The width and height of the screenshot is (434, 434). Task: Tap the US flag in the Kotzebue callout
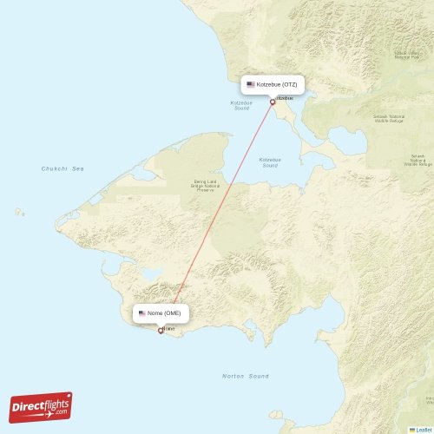pos(251,85)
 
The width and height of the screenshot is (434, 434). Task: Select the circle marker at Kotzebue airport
pos(273,102)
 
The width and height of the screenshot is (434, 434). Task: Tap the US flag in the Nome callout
pos(142,312)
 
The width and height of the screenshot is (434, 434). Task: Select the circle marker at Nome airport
pos(160,330)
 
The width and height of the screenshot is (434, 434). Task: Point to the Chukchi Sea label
pos(62,168)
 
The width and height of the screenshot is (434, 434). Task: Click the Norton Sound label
pos(246,377)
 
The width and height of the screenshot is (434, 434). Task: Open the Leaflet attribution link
pos(423,429)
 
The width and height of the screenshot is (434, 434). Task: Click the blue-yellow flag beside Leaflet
pos(411,429)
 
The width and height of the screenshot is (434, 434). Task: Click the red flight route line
pos(217,213)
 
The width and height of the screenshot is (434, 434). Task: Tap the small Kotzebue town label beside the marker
pos(284,98)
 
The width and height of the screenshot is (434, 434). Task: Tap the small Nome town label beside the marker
pos(169,329)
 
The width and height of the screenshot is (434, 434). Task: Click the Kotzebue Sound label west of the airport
pos(241,105)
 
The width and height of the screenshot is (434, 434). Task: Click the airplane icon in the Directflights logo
pos(62,398)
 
